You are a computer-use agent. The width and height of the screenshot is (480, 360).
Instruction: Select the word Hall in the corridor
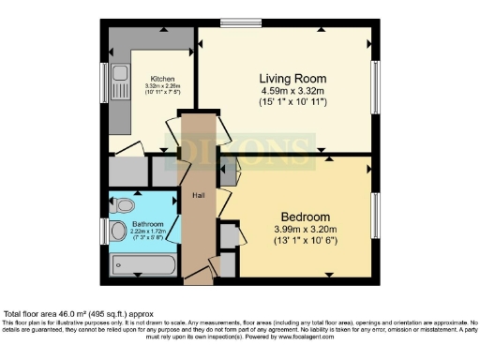point(198,195)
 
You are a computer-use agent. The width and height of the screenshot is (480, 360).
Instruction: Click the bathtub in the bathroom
point(141,265)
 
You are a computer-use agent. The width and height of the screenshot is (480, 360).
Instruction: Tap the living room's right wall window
point(376,86)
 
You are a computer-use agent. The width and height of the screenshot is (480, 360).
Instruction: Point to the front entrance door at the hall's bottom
point(199,278)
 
